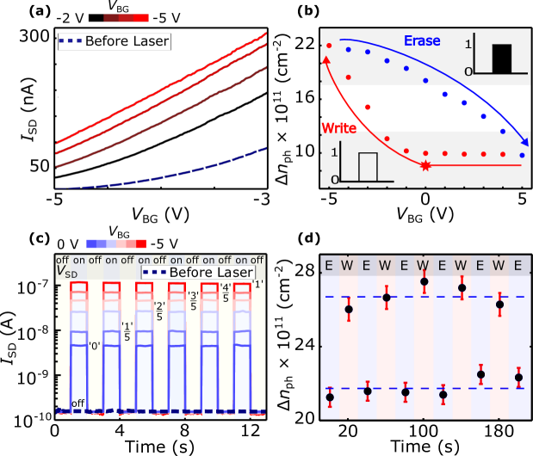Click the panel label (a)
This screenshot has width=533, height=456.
coord(18,12)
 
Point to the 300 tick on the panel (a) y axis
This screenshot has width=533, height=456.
coord(37,37)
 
